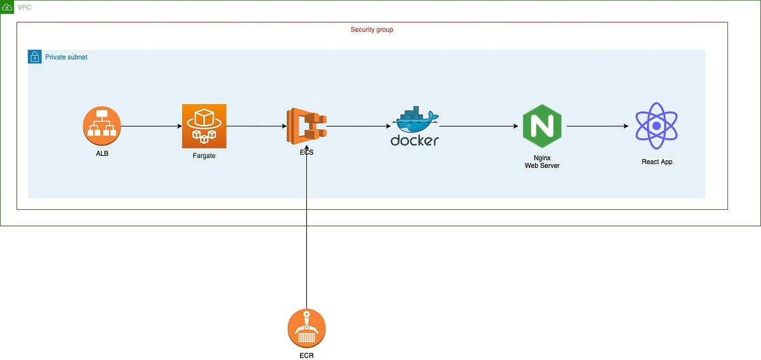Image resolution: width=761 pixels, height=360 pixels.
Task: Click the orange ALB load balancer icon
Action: click(101, 125)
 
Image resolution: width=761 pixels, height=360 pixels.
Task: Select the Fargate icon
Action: click(204, 126)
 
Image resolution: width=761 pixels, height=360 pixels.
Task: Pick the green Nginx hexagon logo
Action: click(542, 126)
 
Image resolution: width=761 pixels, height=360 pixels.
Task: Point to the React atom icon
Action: click(656, 125)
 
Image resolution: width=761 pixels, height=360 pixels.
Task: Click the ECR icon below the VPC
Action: click(306, 328)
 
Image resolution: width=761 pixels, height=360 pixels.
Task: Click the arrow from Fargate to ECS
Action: click(256, 126)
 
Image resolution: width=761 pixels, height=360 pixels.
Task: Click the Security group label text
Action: click(372, 30)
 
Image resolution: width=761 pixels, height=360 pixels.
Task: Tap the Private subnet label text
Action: click(66, 57)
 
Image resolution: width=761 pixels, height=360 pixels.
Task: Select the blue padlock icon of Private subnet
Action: click(34, 57)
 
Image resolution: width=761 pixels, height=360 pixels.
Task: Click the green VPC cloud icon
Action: click(7, 7)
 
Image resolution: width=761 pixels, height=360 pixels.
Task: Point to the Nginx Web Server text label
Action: click(542, 161)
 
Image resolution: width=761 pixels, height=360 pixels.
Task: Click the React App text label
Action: click(656, 162)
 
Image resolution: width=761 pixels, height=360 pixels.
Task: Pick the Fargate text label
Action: click(204, 155)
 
